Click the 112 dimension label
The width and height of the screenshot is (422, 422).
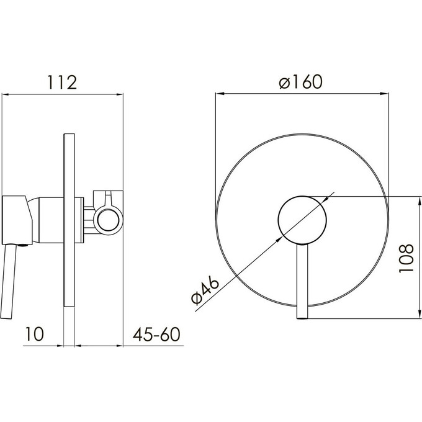(x=62, y=83)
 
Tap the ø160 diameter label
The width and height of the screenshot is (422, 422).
(x=300, y=81)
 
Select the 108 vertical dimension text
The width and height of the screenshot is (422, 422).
(x=406, y=258)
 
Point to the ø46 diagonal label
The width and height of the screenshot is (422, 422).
(x=205, y=291)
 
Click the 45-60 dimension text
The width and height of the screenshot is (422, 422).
(x=156, y=334)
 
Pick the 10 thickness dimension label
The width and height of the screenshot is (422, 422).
(x=34, y=334)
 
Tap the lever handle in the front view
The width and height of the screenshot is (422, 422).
(x=302, y=282)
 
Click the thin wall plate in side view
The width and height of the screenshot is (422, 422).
(x=69, y=220)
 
